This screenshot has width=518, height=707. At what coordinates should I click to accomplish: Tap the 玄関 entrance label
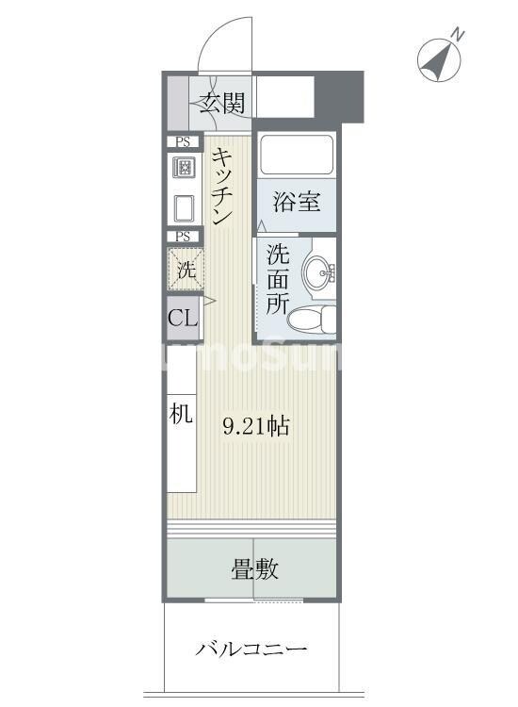(223, 102)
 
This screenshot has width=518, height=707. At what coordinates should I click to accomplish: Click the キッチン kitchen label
(223, 187)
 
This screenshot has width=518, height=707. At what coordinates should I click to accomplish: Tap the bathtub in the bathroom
(296, 156)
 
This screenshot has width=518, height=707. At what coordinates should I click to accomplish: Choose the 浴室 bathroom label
(296, 202)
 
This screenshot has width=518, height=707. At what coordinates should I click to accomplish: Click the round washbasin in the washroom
(318, 272)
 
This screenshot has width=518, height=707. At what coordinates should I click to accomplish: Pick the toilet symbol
(312, 319)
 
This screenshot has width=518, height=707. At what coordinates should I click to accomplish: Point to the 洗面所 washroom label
(277, 279)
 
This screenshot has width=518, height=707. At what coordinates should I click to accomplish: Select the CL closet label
(183, 318)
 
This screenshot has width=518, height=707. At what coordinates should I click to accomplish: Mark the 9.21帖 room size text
(255, 426)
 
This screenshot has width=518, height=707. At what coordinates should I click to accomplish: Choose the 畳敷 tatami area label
(254, 569)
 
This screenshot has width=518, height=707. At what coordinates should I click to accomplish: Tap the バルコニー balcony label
(251, 649)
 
